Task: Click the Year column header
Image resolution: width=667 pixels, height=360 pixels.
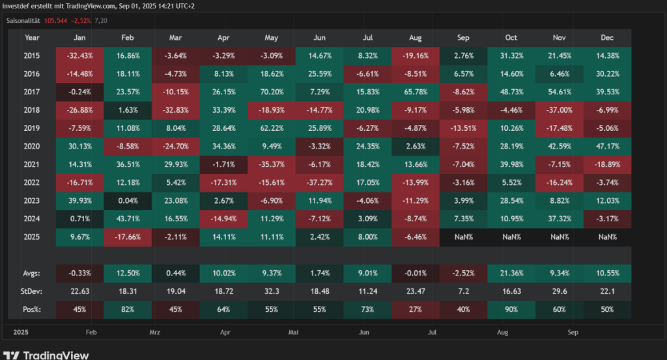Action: click(x=32, y=38)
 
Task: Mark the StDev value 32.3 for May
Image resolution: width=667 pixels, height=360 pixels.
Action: click(x=271, y=290)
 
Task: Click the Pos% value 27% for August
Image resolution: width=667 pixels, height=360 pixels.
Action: click(x=415, y=309)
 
